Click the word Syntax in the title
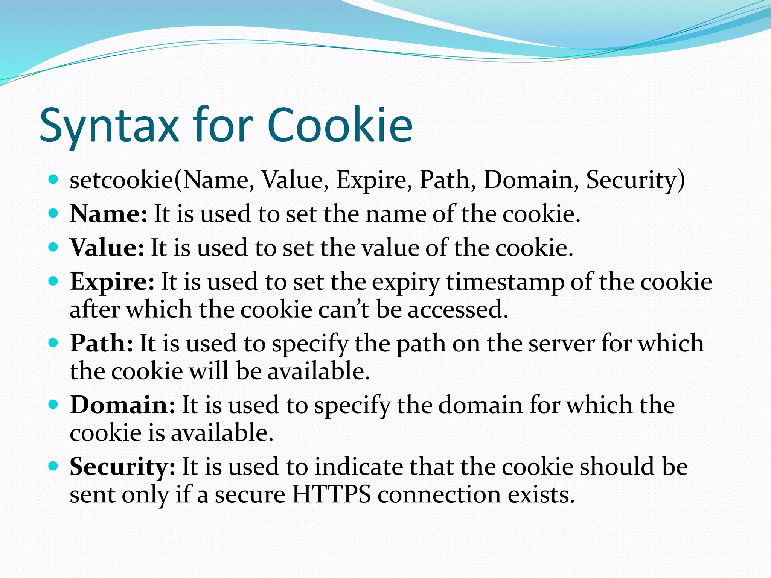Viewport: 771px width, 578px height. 109,126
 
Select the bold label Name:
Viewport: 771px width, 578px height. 108,214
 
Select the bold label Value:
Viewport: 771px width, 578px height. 107,248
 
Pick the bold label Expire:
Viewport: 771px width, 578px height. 112,282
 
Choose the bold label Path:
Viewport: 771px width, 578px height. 102,343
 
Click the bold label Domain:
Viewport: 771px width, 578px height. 123,405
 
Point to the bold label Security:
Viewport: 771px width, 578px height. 122,467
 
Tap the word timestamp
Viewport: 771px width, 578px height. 505,282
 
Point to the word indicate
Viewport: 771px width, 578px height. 358,467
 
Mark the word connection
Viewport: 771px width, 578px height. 439,494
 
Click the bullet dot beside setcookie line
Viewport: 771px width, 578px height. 53,179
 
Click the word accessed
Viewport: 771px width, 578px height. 457,309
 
